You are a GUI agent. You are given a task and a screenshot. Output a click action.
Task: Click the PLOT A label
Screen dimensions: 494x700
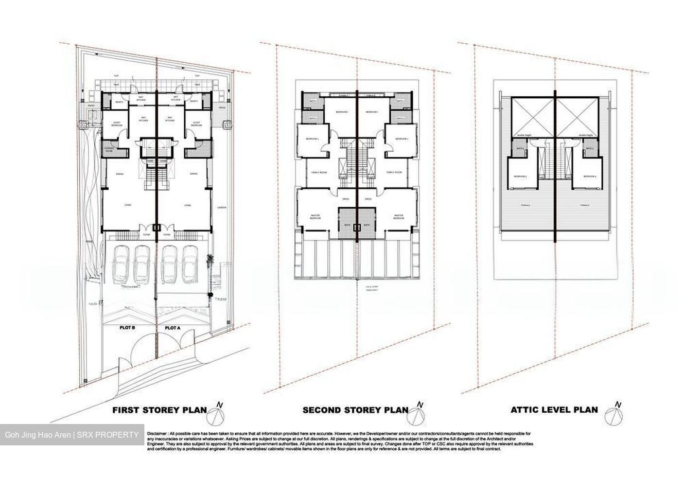(172, 328)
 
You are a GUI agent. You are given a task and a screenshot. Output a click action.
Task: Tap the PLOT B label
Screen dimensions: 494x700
(127, 328)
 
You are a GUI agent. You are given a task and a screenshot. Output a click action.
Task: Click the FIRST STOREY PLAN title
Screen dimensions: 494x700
(159, 410)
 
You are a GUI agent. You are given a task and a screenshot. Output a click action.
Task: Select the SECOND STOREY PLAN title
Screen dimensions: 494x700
(355, 410)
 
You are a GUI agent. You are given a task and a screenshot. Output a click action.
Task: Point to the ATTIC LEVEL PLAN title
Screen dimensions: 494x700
(554, 409)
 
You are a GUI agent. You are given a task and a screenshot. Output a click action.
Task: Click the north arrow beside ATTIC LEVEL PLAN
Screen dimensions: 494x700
(615, 415)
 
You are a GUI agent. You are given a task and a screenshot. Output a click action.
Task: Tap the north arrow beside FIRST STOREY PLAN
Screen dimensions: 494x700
(218, 415)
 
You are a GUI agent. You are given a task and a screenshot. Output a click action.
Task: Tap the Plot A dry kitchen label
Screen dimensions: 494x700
(170, 119)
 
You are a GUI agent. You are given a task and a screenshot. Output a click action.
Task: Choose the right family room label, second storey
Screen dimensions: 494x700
(394, 172)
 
